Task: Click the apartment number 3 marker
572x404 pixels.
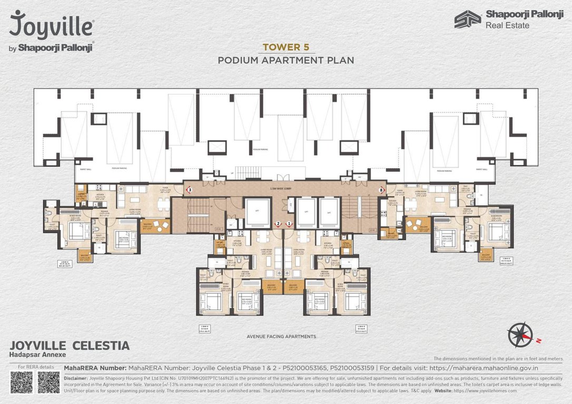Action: click(x=190, y=189)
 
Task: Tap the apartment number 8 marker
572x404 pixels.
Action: click(x=381, y=189)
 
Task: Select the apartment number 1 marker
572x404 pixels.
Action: click(x=289, y=224)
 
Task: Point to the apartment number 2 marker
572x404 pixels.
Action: click(x=278, y=224)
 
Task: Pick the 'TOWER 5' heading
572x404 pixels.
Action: click(x=286, y=47)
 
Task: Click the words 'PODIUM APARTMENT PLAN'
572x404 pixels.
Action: click(x=286, y=60)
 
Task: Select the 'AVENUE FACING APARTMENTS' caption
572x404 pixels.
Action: click(x=281, y=336)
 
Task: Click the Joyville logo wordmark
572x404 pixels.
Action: click(x=52, y=25)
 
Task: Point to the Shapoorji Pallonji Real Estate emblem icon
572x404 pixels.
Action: click(x=468, y=19)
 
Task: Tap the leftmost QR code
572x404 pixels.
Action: click(x=22, y=382)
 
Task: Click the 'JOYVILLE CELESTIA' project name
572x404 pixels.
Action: click(x=70, y=346)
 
